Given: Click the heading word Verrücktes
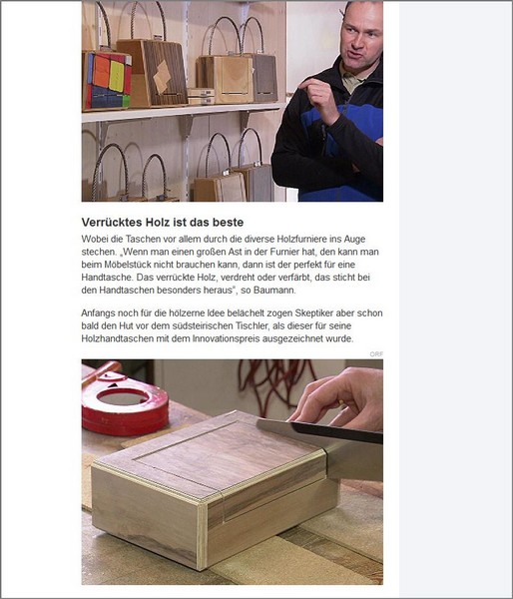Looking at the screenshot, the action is tap(109, 223).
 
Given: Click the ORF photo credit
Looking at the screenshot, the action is tap(376, 354).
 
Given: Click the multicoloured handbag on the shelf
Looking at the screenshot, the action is tap(107, 80).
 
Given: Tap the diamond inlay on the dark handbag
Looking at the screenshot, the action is tap(163, 77).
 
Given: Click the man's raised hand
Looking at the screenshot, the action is tap(320, 98).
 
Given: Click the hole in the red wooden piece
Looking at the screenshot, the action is tap(122, 398).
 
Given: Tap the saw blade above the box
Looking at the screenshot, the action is tap(319, 430).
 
